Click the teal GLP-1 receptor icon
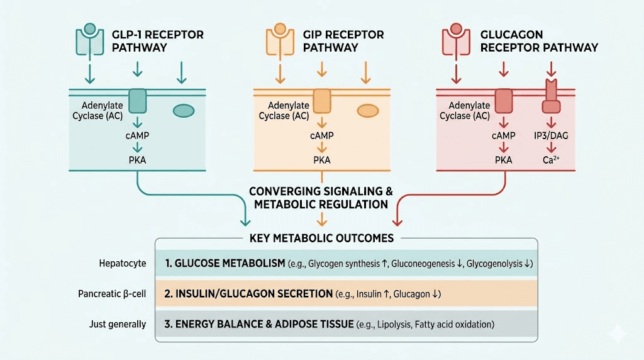pyautogui.click(x=90, y=38)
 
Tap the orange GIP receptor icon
pyautogui.click(x=280, y=38)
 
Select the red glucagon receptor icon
pyautogui.click(x=457, y=38)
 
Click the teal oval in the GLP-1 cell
pyautogui.click(x=183, y=111)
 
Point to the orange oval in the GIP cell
pyautogui.click(x=367, y=111)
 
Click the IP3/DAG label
pyautogui.click(x=550, y=135)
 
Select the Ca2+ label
pyautogui.click(x=550, y=160)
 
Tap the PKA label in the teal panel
pyautogui.click(x=137, y=160)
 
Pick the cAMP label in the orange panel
pyautogui.click(x=322, y=135)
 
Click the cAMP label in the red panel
pyautogui.click(x=503, y=135)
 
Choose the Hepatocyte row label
pyautogui.click(x=122, y=262)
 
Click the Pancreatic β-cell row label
pyautogui.click(x=113, y=293)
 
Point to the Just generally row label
pyautogui.click(x=118, y=324)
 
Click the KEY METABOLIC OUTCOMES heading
pyautogui.click(x=321, y=238)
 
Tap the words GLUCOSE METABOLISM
pyautogui.click(x=229, y=262)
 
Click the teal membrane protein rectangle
pyautogui.click(x=137, y=101)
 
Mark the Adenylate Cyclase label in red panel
pyautogui.click(x=465, y=111)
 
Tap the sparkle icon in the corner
pyautogui.click(x=623, y=334)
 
